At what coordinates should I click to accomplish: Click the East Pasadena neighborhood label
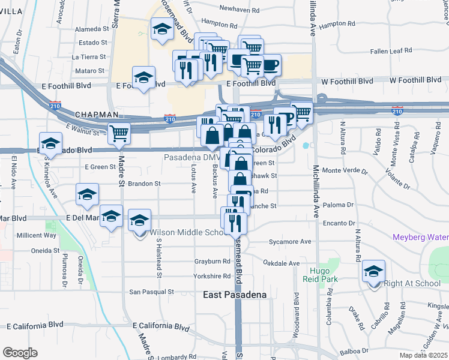(231, 295)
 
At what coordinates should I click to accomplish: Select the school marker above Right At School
(374, 273)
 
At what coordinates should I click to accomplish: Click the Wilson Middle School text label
(186, 232)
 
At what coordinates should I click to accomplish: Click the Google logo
(20, 353)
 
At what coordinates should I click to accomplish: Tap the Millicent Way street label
(37, 235)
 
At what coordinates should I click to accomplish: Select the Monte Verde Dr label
(349, 171)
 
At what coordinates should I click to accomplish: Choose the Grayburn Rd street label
(212, 262)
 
